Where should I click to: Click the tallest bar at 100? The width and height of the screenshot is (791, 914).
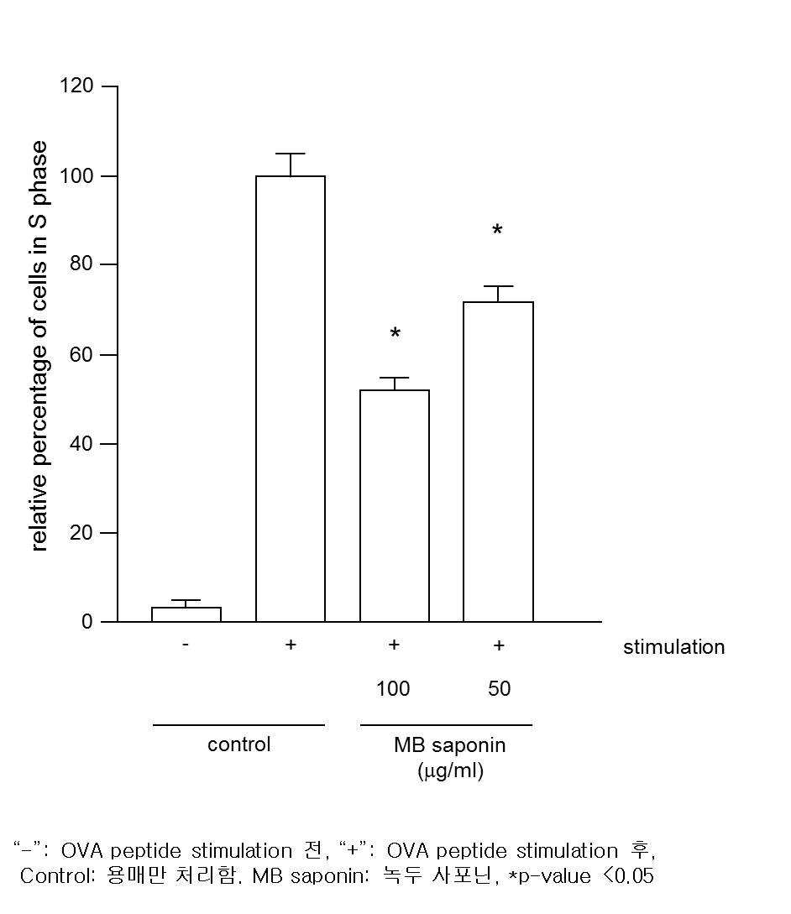point(291,399)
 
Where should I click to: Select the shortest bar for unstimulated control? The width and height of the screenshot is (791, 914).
point(186,614)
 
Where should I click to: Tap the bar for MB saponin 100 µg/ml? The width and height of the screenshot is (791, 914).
point(395,505)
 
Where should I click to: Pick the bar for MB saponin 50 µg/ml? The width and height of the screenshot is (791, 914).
point(498,462)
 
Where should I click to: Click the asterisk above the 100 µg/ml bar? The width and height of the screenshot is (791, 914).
point(395,334)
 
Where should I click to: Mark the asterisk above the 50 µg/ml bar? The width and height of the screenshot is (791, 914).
point(497,230)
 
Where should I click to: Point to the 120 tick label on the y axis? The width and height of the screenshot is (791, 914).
point(76,86)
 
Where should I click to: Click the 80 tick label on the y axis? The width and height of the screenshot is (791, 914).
point(81,264)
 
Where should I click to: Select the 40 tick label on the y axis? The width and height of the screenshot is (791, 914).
point(81,444)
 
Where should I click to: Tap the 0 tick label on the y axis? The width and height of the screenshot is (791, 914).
point(87,622)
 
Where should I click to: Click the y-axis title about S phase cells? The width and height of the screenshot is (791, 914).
point(39,346)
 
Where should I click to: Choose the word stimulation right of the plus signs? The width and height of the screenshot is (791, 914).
point(673,647)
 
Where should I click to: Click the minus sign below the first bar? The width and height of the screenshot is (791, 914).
point(186,645)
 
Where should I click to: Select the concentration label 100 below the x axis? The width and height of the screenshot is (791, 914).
point(393,688)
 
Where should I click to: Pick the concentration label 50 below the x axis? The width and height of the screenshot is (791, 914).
point(500,688)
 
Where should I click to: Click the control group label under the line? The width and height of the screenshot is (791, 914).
point(239,744)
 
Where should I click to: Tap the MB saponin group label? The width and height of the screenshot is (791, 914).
point(450,745)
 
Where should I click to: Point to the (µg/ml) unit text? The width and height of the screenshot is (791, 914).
point(450,770)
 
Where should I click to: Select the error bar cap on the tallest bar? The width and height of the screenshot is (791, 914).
point(291,154)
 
